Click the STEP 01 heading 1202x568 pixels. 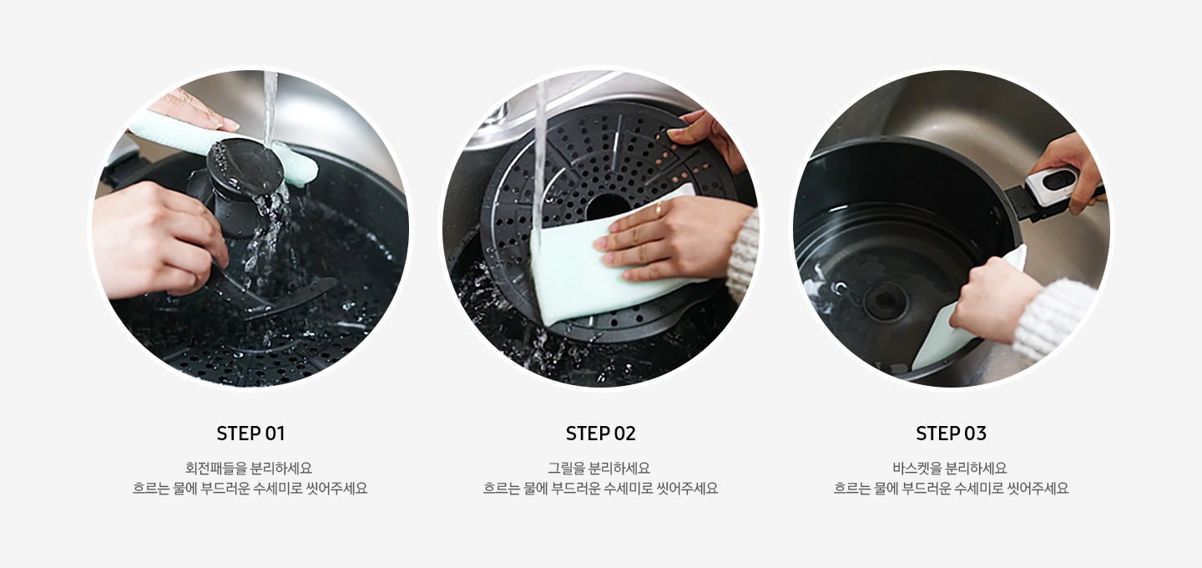coord(250,434)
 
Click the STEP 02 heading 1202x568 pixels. coord(600,434)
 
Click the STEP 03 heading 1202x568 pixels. coord(951,434)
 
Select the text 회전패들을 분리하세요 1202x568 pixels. coord(250,469)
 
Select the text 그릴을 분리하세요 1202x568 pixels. coord(600,469)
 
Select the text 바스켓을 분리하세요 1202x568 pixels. coord(951,469)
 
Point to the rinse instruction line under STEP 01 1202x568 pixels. coord(250,489)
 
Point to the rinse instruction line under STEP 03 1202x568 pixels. coord(951,489)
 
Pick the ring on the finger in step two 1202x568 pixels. coord(658,209)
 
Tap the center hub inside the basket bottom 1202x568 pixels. coord(885,301)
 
